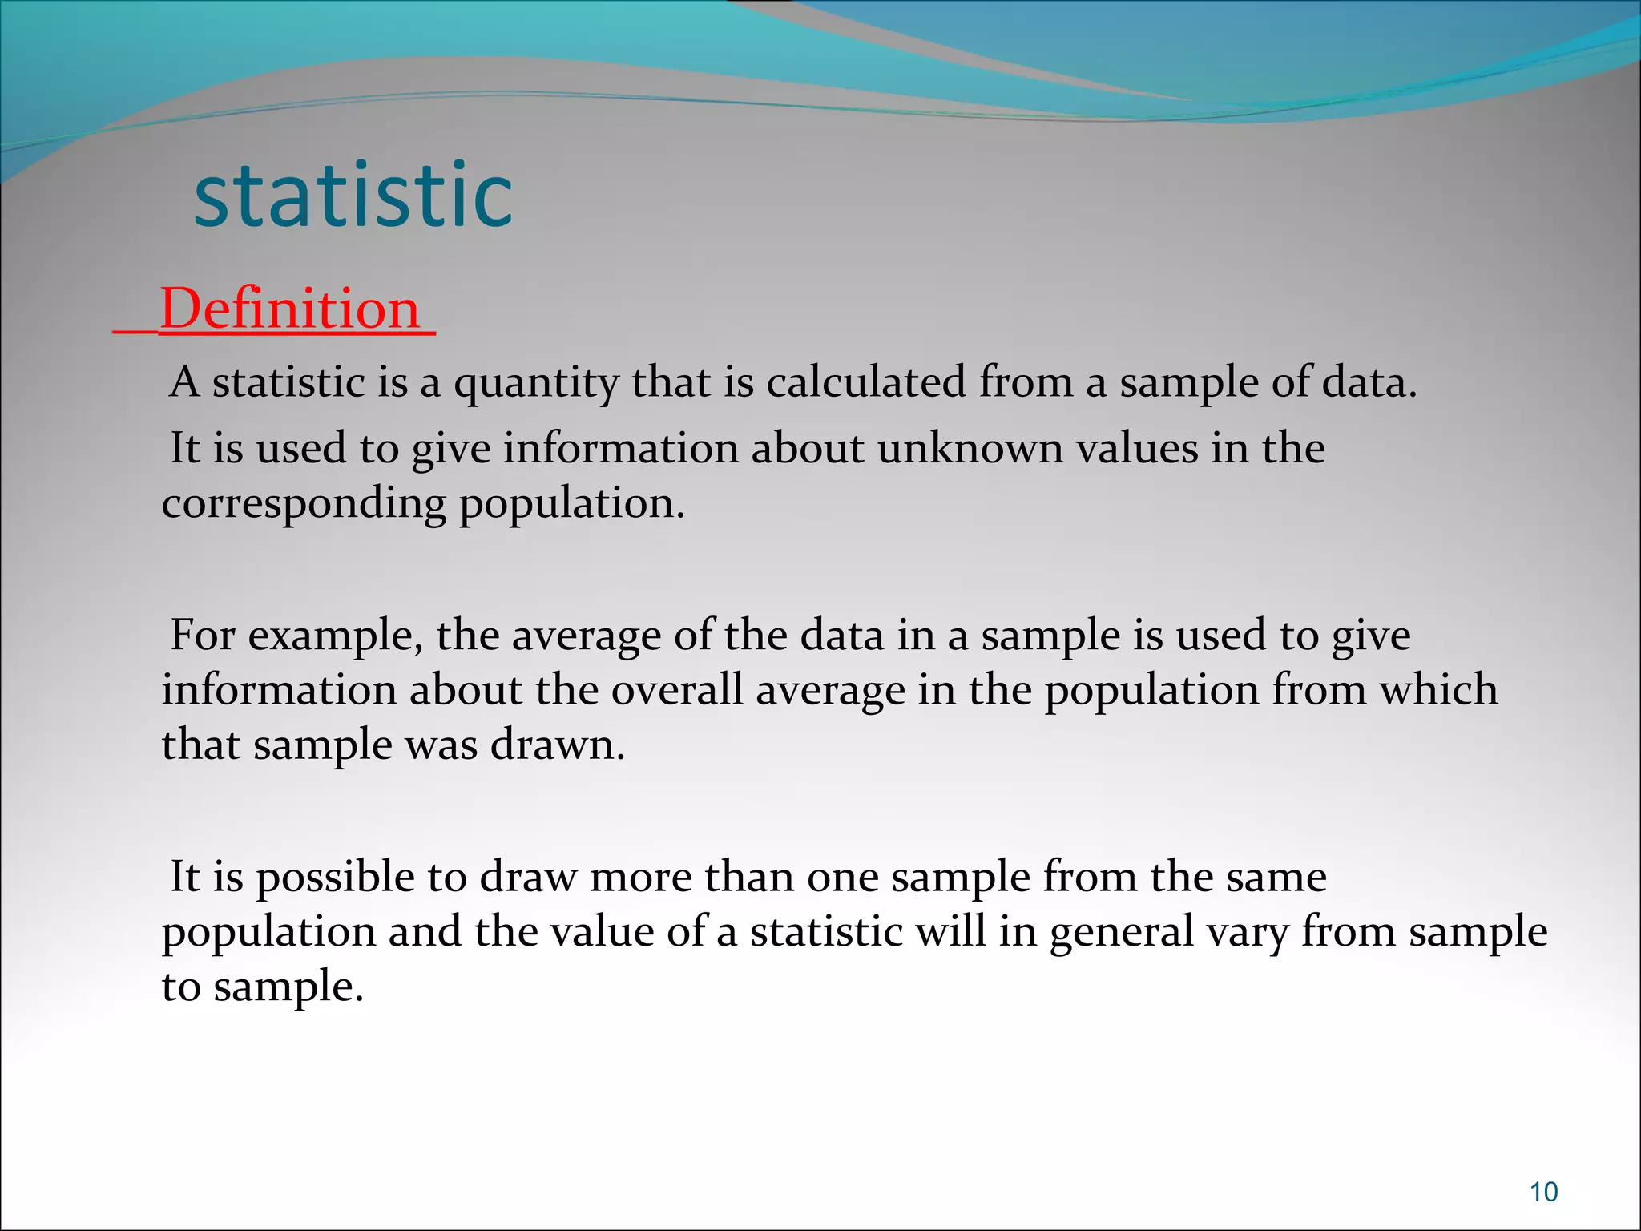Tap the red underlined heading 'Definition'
290,309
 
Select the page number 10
1543,1192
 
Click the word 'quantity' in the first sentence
536,383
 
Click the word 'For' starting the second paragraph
203,636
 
